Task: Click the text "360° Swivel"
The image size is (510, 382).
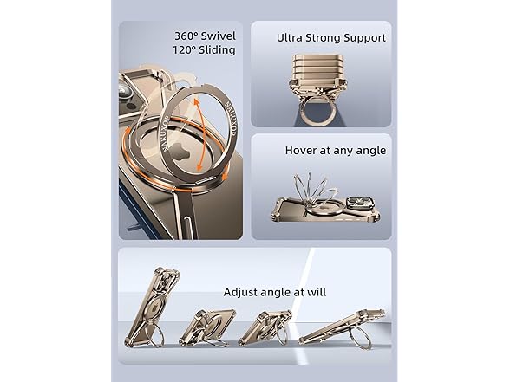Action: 205,36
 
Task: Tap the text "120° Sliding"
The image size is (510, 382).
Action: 204,49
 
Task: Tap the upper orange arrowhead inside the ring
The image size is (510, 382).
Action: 197,102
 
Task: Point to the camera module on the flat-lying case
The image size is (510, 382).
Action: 361,203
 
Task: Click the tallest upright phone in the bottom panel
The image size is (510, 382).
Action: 153,307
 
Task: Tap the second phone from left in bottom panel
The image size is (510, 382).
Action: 206,327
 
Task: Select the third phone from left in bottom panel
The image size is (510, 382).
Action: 265,327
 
